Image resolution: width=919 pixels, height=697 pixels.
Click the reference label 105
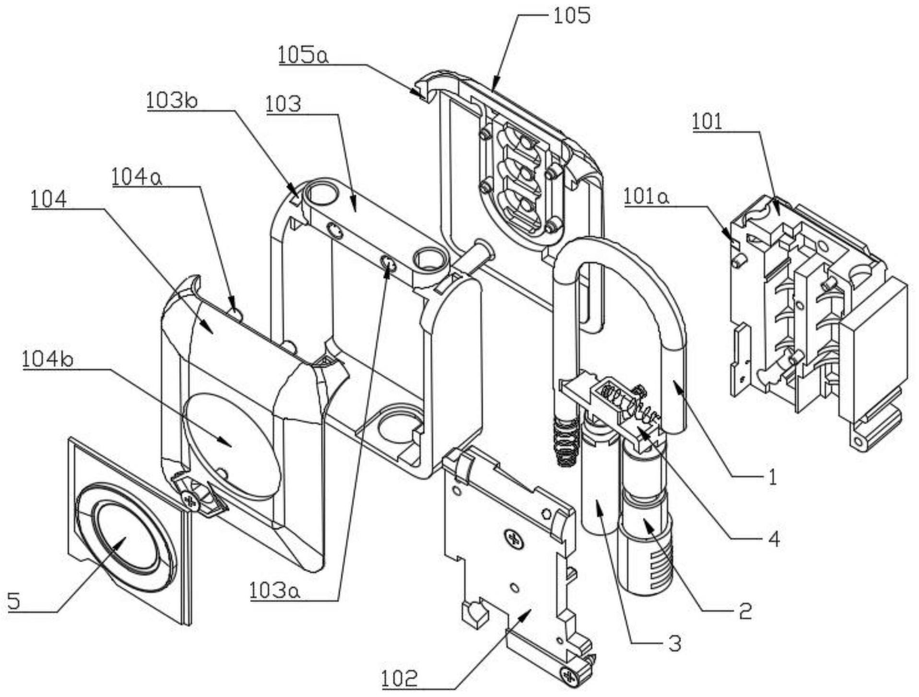coord(571,16)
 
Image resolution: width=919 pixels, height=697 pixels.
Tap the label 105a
coord(304,55)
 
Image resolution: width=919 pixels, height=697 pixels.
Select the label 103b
coord(172,101)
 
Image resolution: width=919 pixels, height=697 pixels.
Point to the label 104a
coord(137,177)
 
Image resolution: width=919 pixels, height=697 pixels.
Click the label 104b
coord(47,359)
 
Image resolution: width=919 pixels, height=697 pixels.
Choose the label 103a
coord(274,591)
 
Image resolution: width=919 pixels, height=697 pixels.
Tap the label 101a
coord(646,197)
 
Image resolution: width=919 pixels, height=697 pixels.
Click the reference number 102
coord(400,679)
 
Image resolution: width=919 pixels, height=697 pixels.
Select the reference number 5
coord(14,601)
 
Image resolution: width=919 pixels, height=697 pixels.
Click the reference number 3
coord(674,643)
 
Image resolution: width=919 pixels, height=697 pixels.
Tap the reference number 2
coord(745,611)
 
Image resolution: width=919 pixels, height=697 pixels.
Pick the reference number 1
coord(772,477)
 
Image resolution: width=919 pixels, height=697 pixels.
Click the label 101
coord(707,122)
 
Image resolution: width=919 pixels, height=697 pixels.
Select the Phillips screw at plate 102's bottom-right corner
coord(570,676)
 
